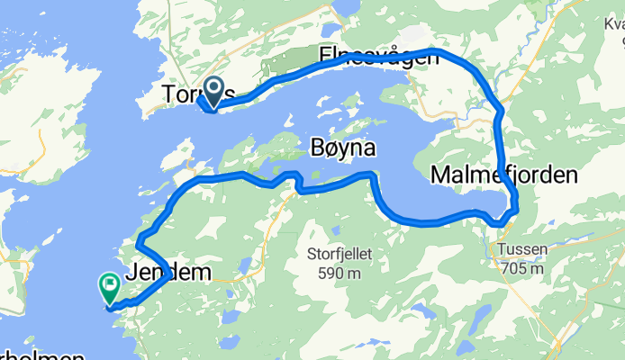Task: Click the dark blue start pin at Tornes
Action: [214, 88]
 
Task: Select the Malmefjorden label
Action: [503, 175]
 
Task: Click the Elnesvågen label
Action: [379, 58]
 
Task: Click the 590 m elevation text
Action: [339, 273]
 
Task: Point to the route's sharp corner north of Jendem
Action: [138, 243]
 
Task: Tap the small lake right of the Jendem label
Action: [242, 265]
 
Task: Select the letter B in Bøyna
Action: [316, 148]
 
